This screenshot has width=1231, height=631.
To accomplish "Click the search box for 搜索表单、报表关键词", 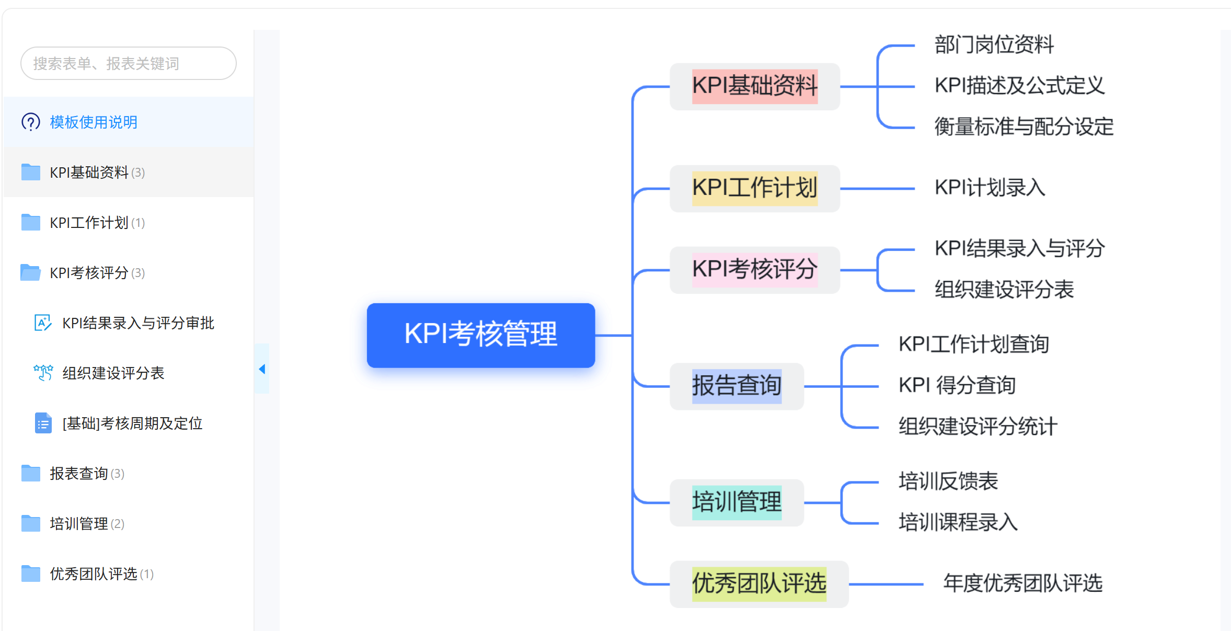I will tap(128, 64).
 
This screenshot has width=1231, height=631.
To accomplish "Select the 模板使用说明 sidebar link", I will tap(94, 122).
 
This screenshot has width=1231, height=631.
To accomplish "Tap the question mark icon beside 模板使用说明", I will tap(31, 122).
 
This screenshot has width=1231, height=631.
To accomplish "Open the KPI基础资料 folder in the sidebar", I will tap(89, 173).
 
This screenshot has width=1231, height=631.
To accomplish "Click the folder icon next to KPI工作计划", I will tap(31, 223).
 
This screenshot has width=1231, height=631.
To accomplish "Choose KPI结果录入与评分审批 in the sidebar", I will tap(138, 323).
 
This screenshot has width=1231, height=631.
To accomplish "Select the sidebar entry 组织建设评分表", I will tap(113, 373).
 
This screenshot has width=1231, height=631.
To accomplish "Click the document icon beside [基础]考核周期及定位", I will tap(43, 423).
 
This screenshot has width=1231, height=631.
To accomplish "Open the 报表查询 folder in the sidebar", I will tap(78, 474).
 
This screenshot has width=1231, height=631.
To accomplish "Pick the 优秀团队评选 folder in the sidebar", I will tap(93, 574).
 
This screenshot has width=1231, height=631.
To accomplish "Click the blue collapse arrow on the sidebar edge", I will tap(262, 369).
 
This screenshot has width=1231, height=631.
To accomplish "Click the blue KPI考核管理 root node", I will tap(480, 335).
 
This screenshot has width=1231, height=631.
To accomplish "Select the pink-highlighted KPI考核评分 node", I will tap(754, 270).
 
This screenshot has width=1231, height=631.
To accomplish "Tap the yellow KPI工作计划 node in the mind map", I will tap(754, 188).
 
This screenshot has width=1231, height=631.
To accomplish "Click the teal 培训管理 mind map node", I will tap(737, 502).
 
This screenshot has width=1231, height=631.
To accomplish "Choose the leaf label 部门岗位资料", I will tap(994, 45).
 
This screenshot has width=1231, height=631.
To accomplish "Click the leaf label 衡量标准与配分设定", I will tap(1023, 127).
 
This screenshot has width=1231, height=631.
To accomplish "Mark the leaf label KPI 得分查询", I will tap(957, 386).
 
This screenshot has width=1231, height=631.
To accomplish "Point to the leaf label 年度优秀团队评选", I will tap(1022, 583).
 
